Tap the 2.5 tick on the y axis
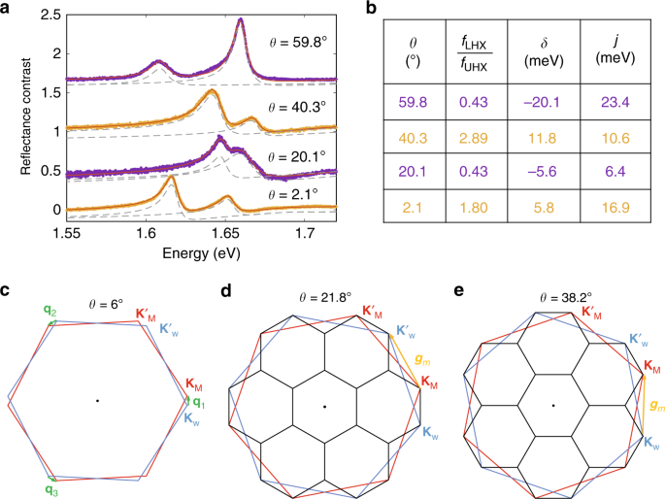[x=45, y=15]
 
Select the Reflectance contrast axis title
[x=12, y=116]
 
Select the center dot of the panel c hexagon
[x=97, y=400]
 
